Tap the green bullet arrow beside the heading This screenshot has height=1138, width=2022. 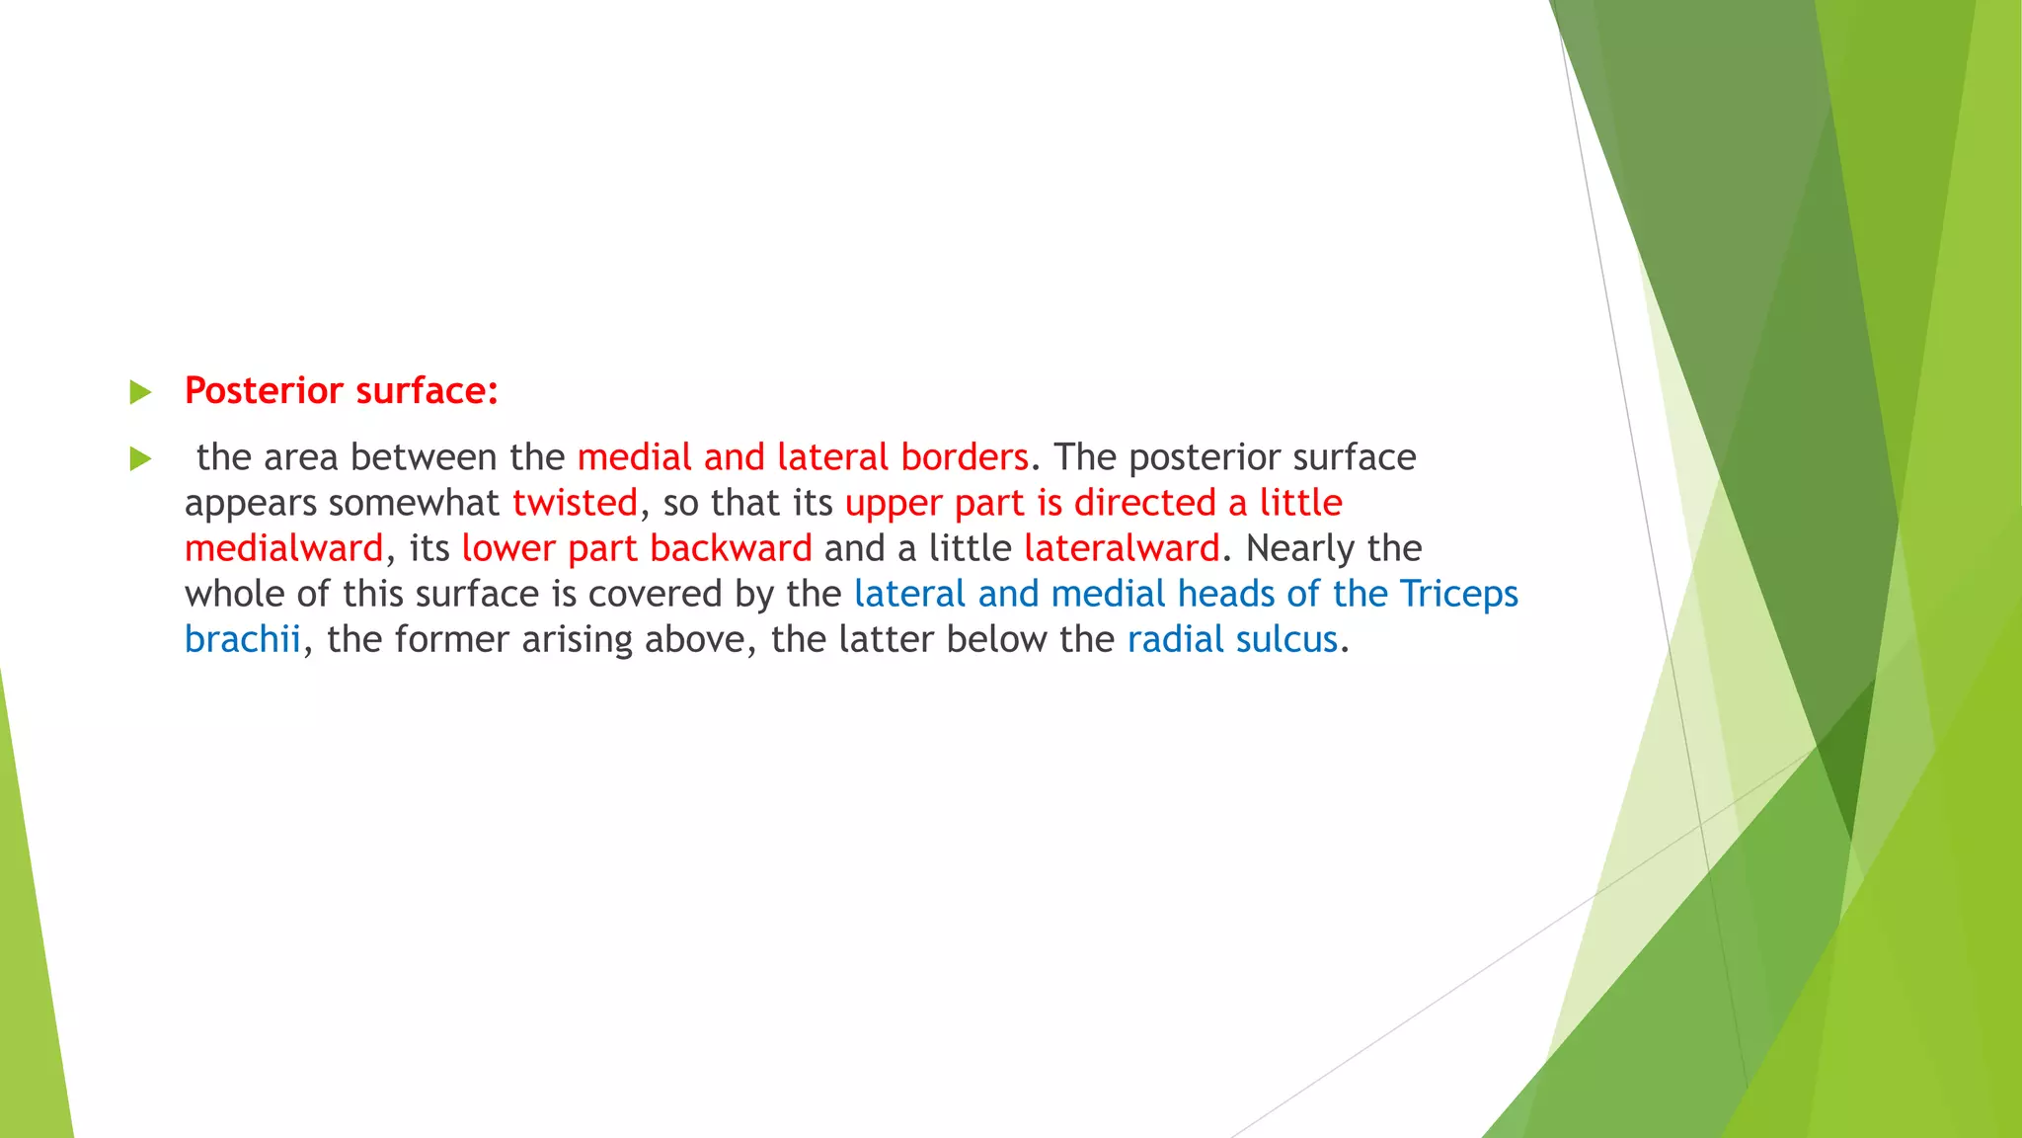click(x=140, y=393)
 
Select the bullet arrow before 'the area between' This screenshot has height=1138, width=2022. click(x=140, y=458)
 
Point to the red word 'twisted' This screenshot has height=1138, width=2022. click(x=575, y=503)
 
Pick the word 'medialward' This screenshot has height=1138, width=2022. click(x=283, y=548)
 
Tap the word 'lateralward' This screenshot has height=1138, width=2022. click(x=1122, y=548)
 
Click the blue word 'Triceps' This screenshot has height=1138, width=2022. click(x=1458, y=594)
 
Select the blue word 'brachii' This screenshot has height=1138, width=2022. click(x=242, y=639)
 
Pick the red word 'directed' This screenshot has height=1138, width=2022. click(x=1144, y=503)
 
